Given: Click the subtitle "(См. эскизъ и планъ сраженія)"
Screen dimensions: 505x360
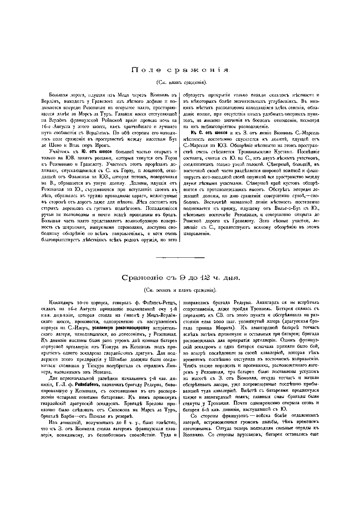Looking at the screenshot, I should [180, 290].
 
